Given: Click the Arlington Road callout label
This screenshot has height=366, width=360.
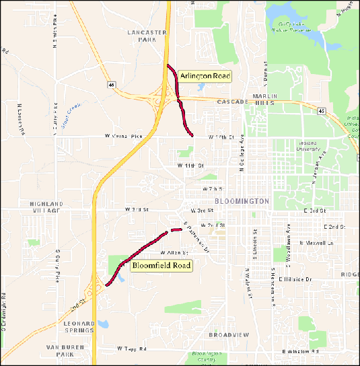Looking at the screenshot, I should coord(203,77).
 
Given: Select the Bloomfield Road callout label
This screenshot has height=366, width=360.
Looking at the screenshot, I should coord(161,266).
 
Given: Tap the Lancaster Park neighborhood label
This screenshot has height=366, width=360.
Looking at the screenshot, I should coord(142,36).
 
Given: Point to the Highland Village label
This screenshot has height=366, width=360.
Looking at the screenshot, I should coord(46,207).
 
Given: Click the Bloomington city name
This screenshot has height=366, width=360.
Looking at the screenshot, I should coord(242,201).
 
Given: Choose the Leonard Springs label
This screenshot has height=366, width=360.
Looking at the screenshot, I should coord(79,327).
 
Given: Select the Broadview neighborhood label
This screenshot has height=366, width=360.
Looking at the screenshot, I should coord(229,334).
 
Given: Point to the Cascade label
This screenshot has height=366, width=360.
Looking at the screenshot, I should coord(233,102).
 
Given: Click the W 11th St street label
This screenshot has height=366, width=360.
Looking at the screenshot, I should coord(190,165).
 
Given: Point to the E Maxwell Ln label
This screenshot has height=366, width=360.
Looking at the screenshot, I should coord(316,242).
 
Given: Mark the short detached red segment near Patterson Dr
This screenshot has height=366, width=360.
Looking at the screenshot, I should coord(176,230).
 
